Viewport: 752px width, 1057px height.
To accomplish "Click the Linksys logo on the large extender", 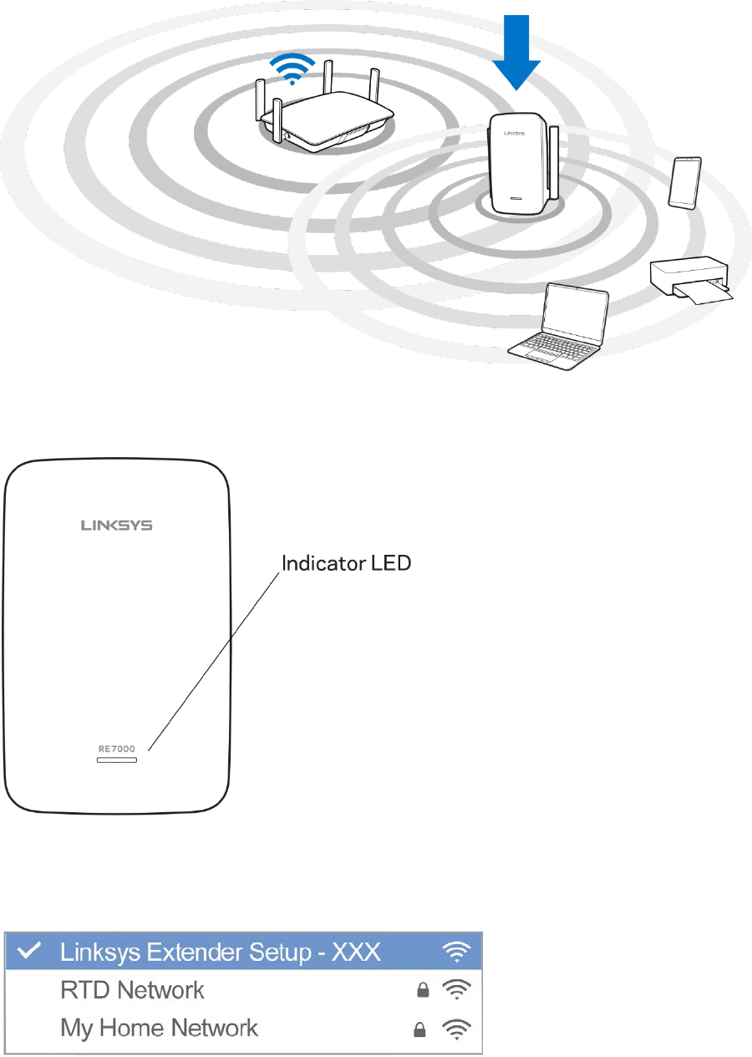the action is tap(117, 526).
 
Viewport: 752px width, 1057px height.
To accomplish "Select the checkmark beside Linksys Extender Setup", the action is tap(37, 951).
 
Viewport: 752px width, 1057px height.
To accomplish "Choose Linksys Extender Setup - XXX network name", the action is tap(221, 951).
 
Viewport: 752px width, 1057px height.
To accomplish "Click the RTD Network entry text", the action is tap(132, 990).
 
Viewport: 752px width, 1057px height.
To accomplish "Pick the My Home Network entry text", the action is tap(159, 1028).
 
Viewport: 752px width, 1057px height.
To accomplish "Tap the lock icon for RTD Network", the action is tap(423, 991).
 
